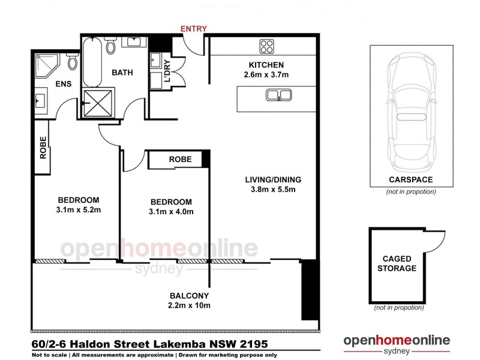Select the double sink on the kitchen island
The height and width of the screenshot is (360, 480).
point(280,95)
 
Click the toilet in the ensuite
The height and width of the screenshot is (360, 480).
point(73,61)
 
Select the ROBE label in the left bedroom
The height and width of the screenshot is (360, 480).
point(43,148)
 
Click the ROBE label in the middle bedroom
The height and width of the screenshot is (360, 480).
point(180,160)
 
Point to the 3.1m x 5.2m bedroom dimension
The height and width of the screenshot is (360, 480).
point(78,211)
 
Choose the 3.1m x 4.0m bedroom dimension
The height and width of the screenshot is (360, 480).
point(171,212)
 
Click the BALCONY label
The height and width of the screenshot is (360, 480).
point(189,295)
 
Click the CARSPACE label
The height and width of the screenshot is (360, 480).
point(410,179)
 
